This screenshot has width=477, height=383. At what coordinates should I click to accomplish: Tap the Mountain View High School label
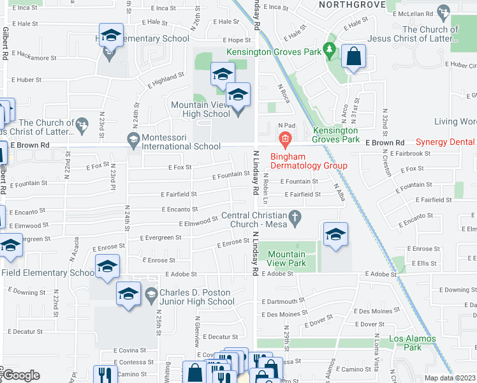(200, 109)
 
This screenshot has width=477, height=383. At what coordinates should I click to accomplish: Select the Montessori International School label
(181, 142)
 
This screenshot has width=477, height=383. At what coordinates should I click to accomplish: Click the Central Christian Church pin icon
(294, 218)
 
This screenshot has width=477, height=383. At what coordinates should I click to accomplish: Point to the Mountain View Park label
(286, 259)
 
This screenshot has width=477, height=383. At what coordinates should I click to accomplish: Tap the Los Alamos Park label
(413, 343)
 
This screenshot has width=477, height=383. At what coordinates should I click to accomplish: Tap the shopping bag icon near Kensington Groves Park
(352, 57)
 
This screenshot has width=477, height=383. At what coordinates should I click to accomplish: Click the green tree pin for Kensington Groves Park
(329, 49)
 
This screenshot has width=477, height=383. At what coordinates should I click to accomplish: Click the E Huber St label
(26, 80)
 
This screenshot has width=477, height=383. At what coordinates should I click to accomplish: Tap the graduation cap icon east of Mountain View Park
(335, 235)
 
